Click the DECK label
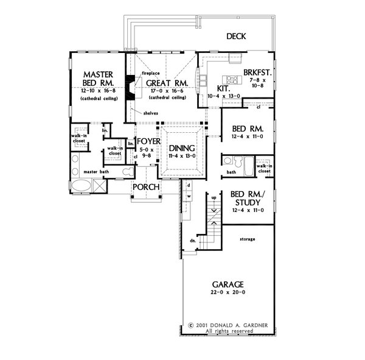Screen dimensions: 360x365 (x=236, y=37)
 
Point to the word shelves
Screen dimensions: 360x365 (x=150, y=113)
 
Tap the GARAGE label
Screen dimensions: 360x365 (x=228, y=284)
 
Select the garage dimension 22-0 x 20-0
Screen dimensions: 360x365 (x=228, y=293)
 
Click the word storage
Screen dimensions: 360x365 (x=246, y=239)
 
